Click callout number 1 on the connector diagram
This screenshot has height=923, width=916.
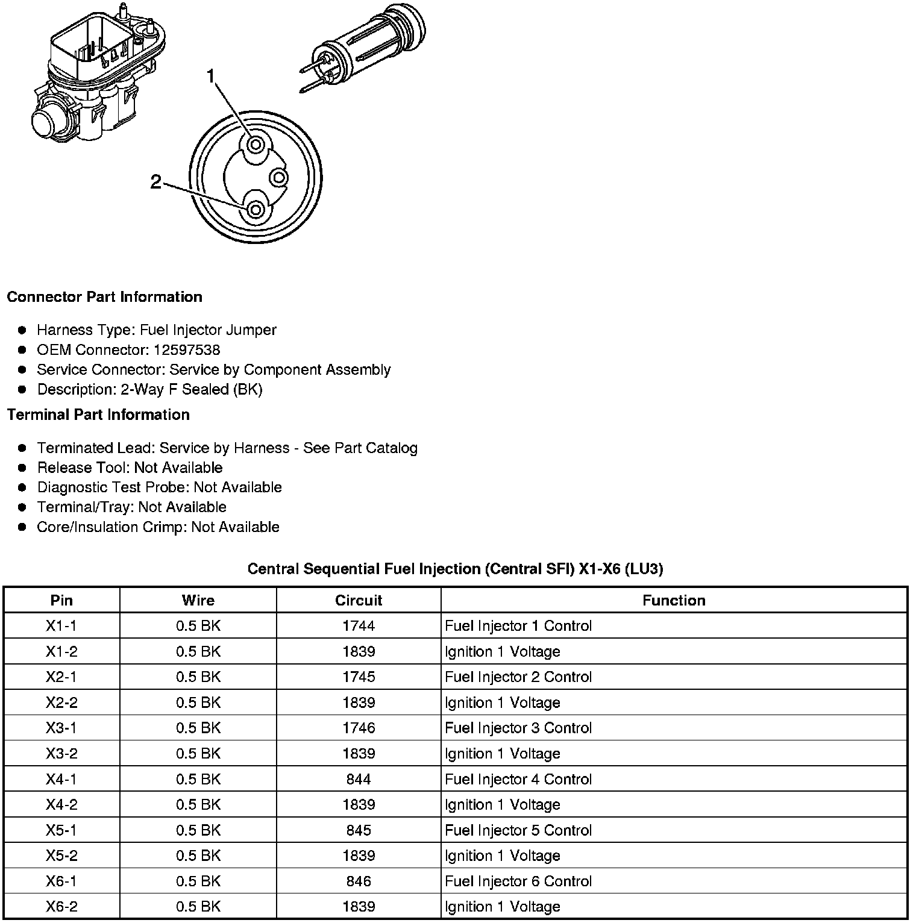pos(210,77)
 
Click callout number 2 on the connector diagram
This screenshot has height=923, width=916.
pos(156,182)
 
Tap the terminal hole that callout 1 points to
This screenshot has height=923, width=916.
pos(256,145)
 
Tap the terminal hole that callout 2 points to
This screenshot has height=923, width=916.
pos(256,210)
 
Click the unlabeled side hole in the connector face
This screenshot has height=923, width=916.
pos(279,177)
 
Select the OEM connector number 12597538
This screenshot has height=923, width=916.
pos(187,350)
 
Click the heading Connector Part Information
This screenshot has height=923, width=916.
pos(104,297)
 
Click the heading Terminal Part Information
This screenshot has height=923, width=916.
pos(98,415)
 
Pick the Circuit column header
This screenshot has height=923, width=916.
pos(359,601)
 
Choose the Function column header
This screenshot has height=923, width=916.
pos(674,601)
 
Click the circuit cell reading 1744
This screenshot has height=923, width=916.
pos(359,626)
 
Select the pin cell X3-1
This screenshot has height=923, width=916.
pos(61,728)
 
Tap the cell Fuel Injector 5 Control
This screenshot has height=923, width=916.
pos(518,830)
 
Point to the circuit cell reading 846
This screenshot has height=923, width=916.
pos(359,881)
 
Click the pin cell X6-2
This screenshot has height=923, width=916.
pos(61,907)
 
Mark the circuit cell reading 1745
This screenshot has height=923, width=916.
pos(359,677)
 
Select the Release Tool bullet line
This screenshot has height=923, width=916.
pos(130,468)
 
